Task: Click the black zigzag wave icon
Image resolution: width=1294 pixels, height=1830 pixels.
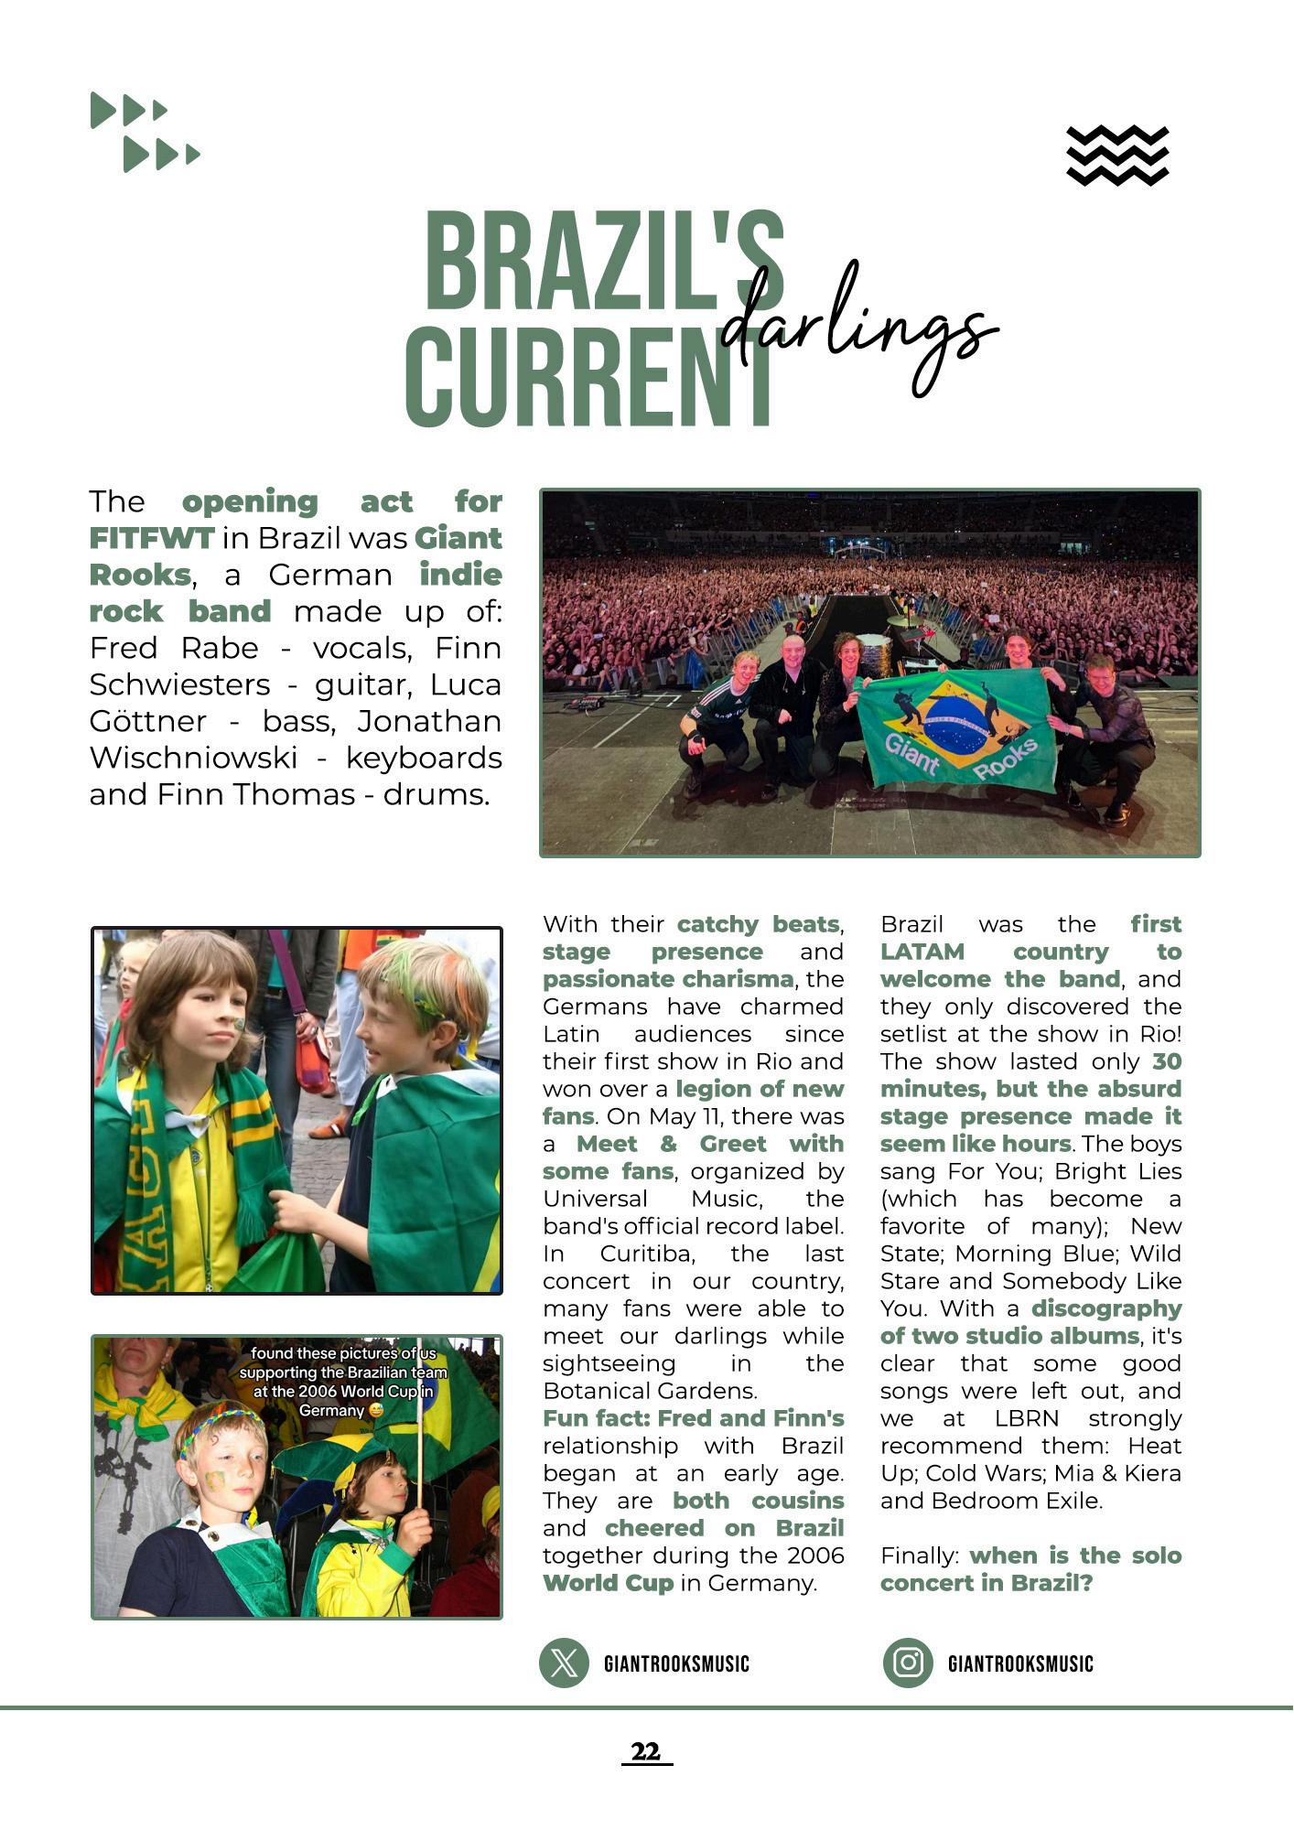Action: (x=1117, y=156)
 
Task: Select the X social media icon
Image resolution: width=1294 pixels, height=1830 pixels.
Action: (x=564, y=1663)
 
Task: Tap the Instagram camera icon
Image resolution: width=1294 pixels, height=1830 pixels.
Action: (x=907, y=1663)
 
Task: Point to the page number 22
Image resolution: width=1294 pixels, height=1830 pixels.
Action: (x=646, y=1751)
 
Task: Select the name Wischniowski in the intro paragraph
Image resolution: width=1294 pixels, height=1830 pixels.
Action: (x=193, y=758)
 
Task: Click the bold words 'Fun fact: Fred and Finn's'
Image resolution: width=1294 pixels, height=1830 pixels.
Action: (x=693, y=1418)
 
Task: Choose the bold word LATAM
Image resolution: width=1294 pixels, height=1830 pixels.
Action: (x=922, y=952)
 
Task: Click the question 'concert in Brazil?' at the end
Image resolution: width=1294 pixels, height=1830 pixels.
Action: (x=987, y=1583)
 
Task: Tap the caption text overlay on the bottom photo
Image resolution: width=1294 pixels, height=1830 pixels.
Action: (x=343, y=1382)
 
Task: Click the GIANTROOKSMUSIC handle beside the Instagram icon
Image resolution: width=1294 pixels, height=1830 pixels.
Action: (x=1020, y=1663)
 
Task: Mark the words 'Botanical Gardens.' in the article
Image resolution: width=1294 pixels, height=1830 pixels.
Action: (x=650, y=1391)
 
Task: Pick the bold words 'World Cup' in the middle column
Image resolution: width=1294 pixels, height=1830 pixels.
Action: (x=608, y=1583)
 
